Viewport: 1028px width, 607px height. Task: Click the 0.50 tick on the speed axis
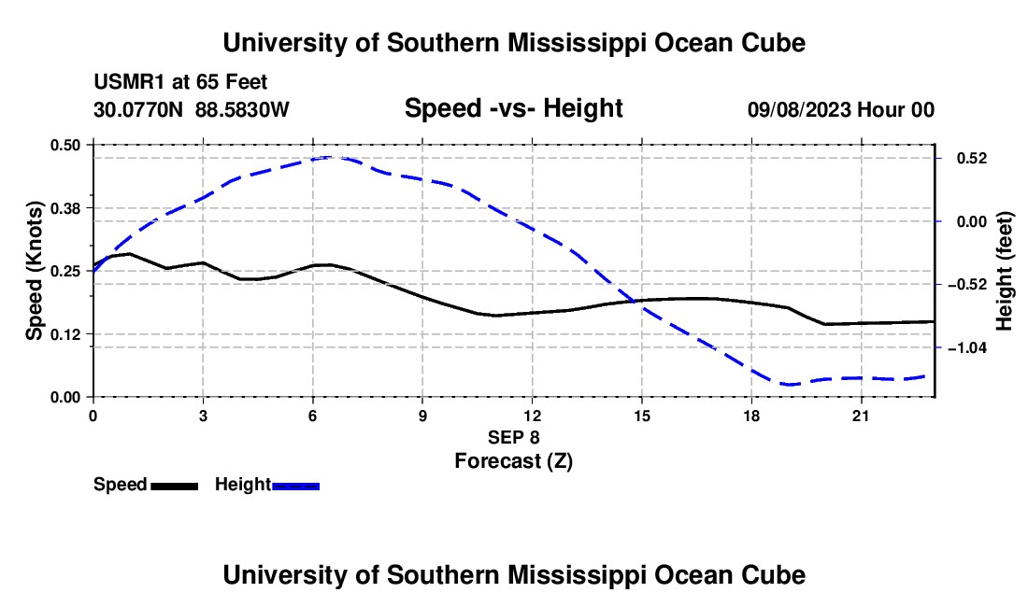pyautogui.click(x=64, y=145)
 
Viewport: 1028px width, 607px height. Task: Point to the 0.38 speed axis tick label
pyautogui.click(x=64, y=208)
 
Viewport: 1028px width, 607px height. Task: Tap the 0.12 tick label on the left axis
pyautogui.click(x=64, y=334)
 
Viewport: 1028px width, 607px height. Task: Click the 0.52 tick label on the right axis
pyautogui.click(x=972, y=159)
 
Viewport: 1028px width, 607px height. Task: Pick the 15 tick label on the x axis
pyautogui.click(x=641, y=416)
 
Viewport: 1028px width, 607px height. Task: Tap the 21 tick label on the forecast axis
pyautogui.click(x=860, y=416)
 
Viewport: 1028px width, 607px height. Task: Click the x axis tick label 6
pyautogui.click(x=313, y=416)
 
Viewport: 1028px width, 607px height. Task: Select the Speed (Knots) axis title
pyautogui.click(x=34, y=271)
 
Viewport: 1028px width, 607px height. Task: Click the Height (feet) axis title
pyautogui.click(x=1004, y=271)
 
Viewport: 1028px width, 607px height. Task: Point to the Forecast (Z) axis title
pyautogui.click(x=513, y=461)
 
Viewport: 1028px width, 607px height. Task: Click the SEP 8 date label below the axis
pyautogui.click(x=513, y=437)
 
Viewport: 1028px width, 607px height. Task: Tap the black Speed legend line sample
pyautogui.click(x=175, y=487)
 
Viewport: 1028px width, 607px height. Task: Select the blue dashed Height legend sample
pyautogui.click(x=295, y=487)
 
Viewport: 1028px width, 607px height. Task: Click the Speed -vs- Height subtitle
pyautogui.click(x=513, y=108)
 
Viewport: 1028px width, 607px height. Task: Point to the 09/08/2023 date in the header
pyautogui.click(x=798, y=109)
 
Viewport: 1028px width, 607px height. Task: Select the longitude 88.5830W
pyautogui.click(x=242, y=109)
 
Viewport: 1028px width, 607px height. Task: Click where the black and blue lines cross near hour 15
pyautogui.click(x=635, y=302)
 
